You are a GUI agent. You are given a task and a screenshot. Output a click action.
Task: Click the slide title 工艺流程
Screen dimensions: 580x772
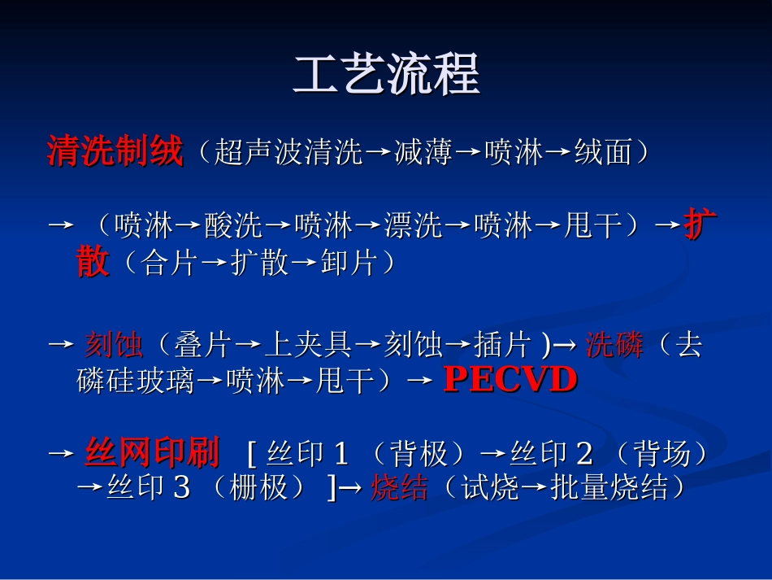coord(386,75)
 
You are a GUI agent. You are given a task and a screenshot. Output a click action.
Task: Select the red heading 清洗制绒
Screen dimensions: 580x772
coord(115,151)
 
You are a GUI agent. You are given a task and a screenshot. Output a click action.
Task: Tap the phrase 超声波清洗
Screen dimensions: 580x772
coord(288,153)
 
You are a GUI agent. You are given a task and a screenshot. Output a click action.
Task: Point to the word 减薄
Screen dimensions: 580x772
coord(423,153)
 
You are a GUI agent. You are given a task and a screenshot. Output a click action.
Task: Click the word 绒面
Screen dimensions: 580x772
coord(604,153)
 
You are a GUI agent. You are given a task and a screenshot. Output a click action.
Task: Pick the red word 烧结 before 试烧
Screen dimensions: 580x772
coord(399,488)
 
